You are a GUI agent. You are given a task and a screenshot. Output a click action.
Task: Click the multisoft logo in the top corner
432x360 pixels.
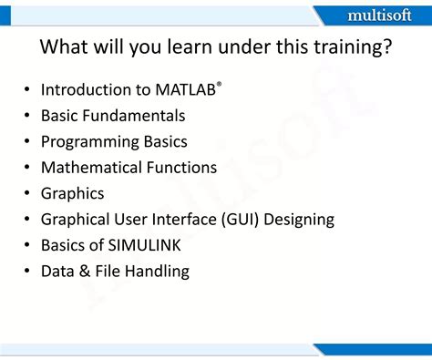pyautogui.click(x=377, y=15)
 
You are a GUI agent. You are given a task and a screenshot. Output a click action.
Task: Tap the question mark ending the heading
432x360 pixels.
pyautogui.click(x=387, y=47)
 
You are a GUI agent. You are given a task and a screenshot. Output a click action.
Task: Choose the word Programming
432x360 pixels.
pyautogui.click(x=89, y=142)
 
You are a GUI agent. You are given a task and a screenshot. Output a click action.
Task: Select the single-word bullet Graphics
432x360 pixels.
pyautogui.click(x=72, y=193)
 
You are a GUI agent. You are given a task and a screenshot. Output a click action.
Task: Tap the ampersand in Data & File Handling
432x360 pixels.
pyautogui.click(x=86, y=271)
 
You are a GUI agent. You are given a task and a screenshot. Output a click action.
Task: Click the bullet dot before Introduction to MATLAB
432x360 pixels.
pyautogui.click(x=27, y=90)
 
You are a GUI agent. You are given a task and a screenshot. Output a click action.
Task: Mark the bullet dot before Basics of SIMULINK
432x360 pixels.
pyautogui.click(x=27, y=245)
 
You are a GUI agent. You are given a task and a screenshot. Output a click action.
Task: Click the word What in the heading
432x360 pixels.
pyautogui.click(x=65, y=47)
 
